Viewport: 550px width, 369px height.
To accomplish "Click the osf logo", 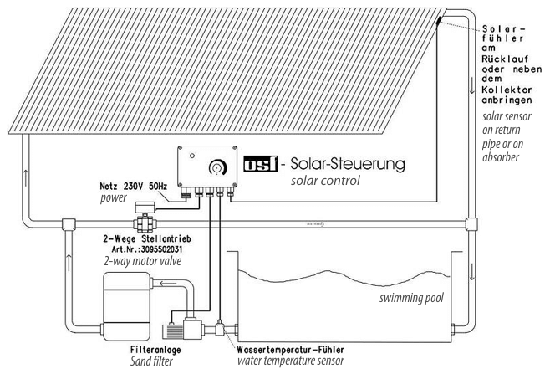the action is pos(261,164).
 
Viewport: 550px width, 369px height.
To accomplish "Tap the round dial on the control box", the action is pos(217,167).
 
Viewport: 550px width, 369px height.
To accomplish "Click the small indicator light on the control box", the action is pos(192,156).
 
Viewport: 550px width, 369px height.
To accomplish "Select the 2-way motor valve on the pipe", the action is pos(144,217).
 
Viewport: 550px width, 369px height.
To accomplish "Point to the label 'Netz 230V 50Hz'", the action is pos(133,186).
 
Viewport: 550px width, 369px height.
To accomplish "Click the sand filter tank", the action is pos(126,306).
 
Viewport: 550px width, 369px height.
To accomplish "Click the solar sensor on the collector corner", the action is pos(439,21).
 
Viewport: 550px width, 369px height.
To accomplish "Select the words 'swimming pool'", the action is pos(411,298).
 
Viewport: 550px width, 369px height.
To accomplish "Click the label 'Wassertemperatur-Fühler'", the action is pos(290,350).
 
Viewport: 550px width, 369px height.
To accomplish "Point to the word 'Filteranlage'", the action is pos(155,350).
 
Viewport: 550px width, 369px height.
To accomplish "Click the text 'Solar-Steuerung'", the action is pos(348,164).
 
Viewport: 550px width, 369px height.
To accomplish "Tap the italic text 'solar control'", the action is pos(325,181).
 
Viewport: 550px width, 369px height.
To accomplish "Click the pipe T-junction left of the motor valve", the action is pos(69,224).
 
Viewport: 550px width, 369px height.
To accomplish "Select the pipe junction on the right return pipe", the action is pos(471,224).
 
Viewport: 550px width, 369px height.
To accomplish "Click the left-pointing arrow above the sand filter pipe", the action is pos(168,283).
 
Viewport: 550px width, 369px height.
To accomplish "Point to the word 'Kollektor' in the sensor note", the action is pos(507,90).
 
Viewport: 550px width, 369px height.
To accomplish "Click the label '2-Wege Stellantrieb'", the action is pos(147,239).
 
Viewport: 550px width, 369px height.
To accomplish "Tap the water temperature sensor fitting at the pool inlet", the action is pos(220,328).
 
